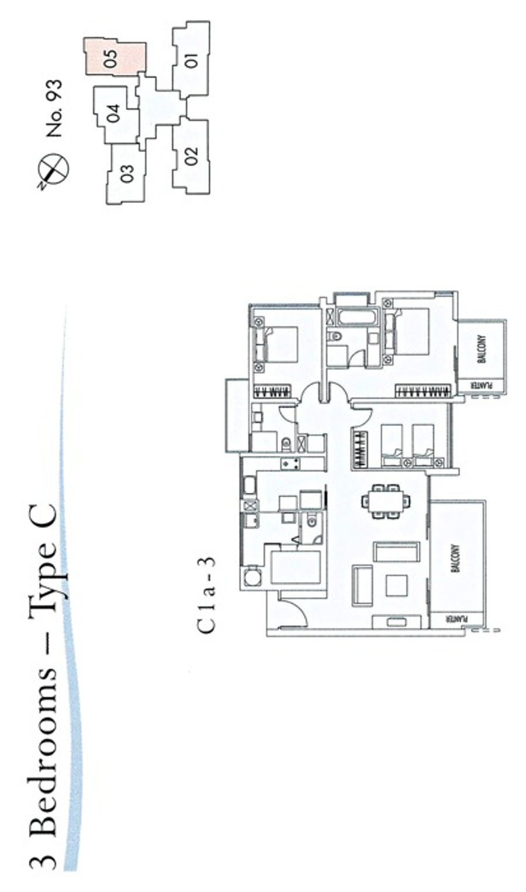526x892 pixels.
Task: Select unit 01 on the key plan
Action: tap(191, 60)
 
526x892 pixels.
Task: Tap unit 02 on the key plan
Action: tap(191, 156)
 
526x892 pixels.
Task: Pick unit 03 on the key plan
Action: tap(126, 174)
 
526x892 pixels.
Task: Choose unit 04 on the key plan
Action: tap(114, 114)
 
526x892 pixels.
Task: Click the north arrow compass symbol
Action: tap(55, 169)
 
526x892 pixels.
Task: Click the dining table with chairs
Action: tap(385, 501)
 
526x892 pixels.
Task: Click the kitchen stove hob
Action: tap(290, 463)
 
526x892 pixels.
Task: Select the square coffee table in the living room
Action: tap(396, 586)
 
